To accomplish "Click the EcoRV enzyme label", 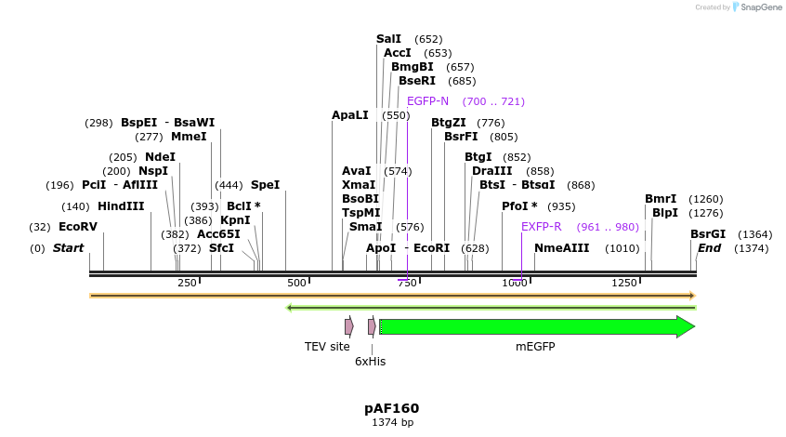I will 78,227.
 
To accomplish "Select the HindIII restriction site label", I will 121,206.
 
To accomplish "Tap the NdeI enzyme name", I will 160,157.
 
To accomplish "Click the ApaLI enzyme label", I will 350,115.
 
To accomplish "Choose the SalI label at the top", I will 388,39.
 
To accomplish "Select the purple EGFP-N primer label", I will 427,101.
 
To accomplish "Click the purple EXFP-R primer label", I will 541,227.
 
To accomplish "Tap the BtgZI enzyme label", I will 449,123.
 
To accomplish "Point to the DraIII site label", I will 491,171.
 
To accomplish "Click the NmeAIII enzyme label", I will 561,248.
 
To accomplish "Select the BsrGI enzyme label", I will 707,234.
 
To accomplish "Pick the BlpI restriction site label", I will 665,213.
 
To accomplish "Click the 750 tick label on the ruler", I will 406,283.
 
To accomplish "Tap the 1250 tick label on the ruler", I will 624,283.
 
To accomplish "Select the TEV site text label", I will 327,347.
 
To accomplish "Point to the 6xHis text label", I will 371,362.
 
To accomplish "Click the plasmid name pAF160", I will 391,408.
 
